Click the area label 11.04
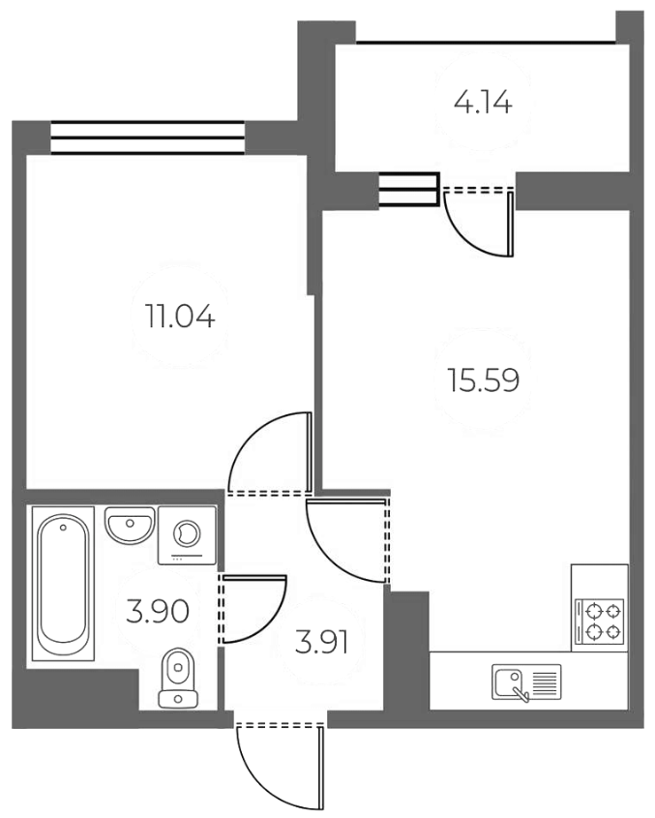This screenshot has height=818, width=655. (x=180, y=317)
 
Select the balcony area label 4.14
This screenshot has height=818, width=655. (x=482, y=103)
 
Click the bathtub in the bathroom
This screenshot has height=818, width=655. (x=64, y=585)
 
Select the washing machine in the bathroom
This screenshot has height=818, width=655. (x=186, y=534)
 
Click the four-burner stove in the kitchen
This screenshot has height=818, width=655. (x=600, y=622)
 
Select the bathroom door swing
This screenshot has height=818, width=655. (x=254, y=609)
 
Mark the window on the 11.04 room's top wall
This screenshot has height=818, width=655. (x=147, y=137)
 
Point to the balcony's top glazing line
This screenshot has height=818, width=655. (x=486, y=42)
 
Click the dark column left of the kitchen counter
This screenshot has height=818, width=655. (x=407, y=653)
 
